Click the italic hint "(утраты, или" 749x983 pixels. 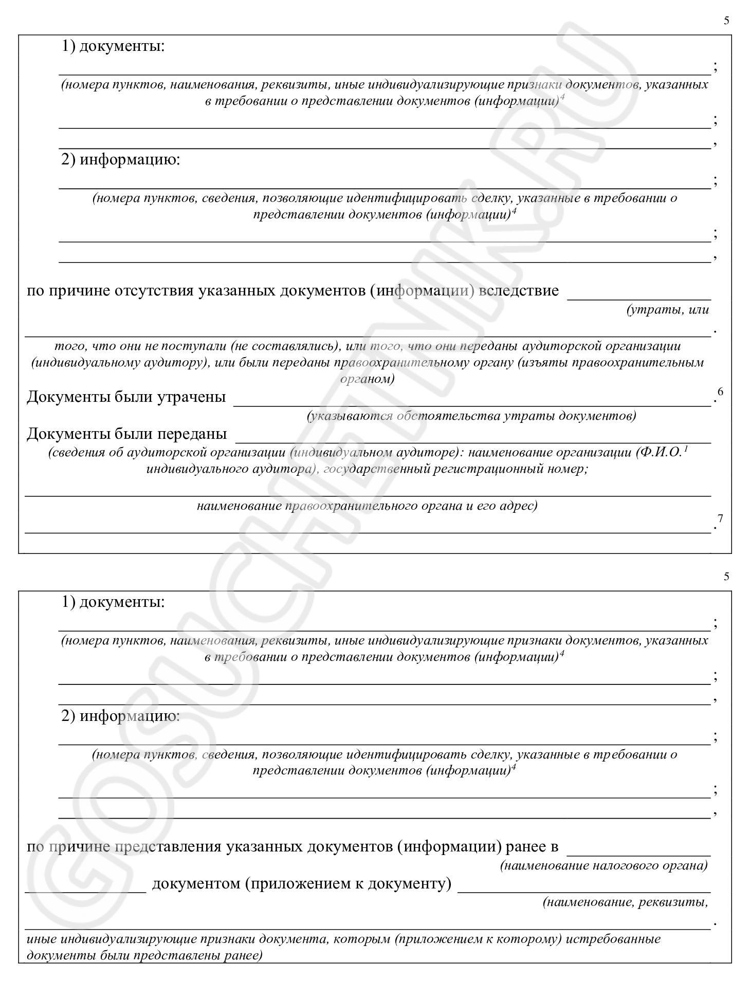tap(667, 310)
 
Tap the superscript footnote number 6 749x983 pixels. tap(720, 392)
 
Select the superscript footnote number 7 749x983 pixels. tap(720, 519)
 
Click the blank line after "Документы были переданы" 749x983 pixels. tap(473, 441)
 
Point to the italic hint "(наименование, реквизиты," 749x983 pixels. tap(625, 903)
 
